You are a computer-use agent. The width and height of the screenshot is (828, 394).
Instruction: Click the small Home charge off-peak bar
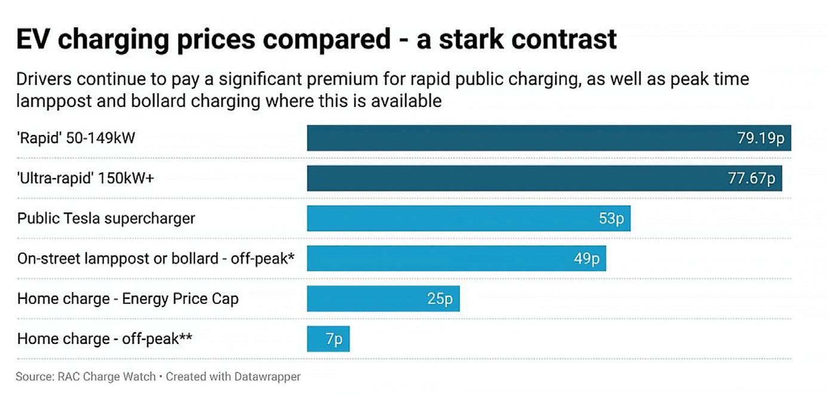point(317,339)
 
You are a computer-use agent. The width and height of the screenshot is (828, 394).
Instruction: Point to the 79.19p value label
point(760,138)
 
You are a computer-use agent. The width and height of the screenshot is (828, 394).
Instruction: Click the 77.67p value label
point(751,178)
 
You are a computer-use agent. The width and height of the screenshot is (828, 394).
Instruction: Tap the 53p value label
point(611,218)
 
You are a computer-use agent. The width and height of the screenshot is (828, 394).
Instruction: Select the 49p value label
point(587,258)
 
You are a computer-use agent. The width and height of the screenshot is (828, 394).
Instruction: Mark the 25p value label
point(440,298)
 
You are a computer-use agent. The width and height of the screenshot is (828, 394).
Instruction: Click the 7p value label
point(334,339)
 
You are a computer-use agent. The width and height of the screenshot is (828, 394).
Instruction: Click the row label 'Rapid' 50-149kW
point(76,138)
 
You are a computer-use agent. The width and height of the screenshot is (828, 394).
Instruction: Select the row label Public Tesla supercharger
point(106,218)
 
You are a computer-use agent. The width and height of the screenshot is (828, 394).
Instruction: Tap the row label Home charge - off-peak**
point(105,339)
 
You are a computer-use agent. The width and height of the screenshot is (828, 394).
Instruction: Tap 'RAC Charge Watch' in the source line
point(106,377)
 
